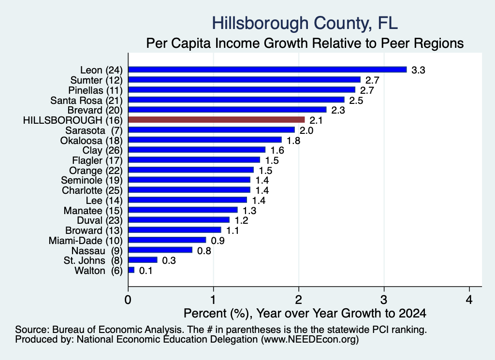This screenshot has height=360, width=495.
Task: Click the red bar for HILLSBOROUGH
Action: (x=217, y=119)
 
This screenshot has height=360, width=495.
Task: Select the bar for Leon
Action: (x=268, y=70)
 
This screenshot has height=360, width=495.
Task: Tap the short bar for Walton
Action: (x=131, y=270)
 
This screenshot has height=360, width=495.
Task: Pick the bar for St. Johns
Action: (x=143, y=260)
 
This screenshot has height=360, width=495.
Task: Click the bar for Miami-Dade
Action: (x=167, y=240)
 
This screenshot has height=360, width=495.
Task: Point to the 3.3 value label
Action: (x=418, y=70)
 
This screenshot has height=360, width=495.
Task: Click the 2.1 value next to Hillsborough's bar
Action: (x=316, y=120)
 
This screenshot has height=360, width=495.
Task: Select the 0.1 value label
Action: (x=146, y=271)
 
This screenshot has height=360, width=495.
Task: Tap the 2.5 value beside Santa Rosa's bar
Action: (x=356, y=101)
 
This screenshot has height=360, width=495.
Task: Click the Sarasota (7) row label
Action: (x=94, y=130)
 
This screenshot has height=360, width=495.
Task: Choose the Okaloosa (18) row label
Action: (x=91, y=141)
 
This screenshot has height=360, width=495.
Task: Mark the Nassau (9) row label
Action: (x=97, y=251)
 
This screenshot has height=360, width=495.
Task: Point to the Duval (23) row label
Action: (x=100, y=220)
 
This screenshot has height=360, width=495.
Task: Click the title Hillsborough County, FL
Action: (x=305, y=23)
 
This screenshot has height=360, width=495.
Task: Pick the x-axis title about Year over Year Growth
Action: (x=305, y=313)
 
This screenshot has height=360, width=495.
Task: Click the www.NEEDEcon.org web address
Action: (x=310, y=339)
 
